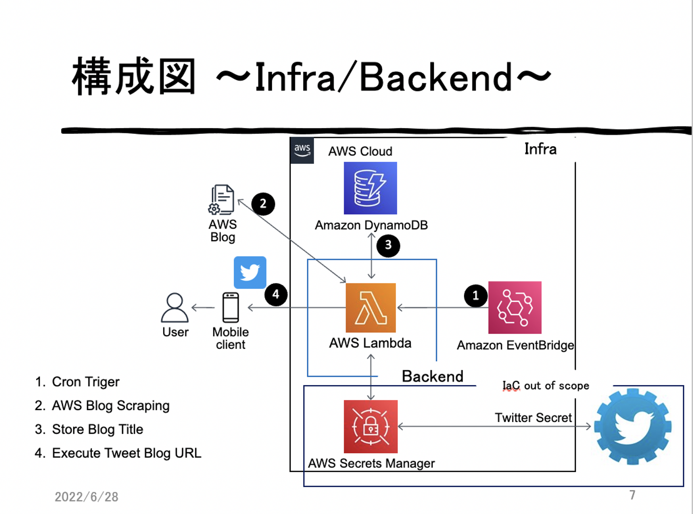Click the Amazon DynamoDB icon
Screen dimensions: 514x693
pyautogui.click(x=370, y=188)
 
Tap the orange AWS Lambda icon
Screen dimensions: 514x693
pyautogui.click(x=371, y=308)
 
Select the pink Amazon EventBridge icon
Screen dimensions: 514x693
pyautogui.click(x=514, y=308)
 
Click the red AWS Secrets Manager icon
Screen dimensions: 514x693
pyautogui.click(x=371, y=426)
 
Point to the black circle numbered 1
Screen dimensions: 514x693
pyautogui.click(x=475, y=295)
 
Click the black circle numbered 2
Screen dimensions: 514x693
pyautogui.click(x=263, y=204)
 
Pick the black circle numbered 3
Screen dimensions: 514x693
pyautogui.click(x=388, y=245)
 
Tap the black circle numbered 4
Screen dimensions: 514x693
pyautogui.click(x=276, y=294)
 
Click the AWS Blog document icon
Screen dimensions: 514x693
pyautogui.click(x=222, y=199)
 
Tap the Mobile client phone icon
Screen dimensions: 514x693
pyautogui.click(x=231, y=308)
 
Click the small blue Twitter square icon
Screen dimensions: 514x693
pyautogui.click(x=250, y=272)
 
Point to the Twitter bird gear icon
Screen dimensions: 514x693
pyautogui.click(x=632, y=426)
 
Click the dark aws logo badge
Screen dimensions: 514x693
pyautogui.click(x=302, y=150)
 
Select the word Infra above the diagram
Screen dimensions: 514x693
pyautogui.click(x=540, y=149)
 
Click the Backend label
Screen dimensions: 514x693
pyautogui.click(x=433, y=376)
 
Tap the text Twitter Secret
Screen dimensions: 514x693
pyautogui.click(x=533, y=418)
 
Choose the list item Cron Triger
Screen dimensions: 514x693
pyautogui.click(x=86, y=382)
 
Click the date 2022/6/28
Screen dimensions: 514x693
pyautogui.click(x=87, y=497)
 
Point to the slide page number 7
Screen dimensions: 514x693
pyautogui.click(x=632, y=495)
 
